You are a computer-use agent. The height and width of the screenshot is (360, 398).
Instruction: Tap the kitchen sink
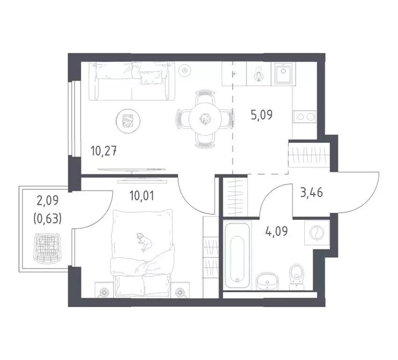tap(284, 74)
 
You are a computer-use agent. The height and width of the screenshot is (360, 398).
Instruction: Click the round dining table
tap(204, 118)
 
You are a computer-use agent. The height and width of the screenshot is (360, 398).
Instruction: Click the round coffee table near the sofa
tap(127, 121)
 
